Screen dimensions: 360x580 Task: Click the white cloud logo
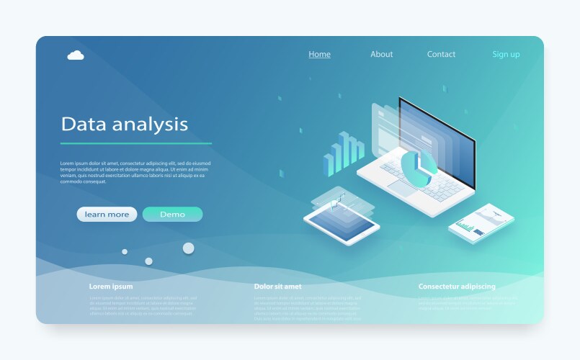[76, 55]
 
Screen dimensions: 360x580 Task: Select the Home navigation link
[319, 54]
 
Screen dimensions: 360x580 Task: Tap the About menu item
[381, 54]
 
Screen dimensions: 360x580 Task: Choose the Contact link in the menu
[441, 54]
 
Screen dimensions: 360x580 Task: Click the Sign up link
[506, 54]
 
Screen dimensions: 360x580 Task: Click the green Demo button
[172, 214]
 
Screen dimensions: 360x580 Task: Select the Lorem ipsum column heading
[111, 286]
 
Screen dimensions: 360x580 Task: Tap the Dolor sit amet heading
[277, 286]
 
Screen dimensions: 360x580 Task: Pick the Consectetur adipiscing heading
[457, 286]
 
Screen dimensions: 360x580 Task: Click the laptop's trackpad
[403, 188]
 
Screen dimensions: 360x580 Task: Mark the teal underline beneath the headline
[135, 143]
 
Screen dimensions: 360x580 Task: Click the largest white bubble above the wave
[188, 248]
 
